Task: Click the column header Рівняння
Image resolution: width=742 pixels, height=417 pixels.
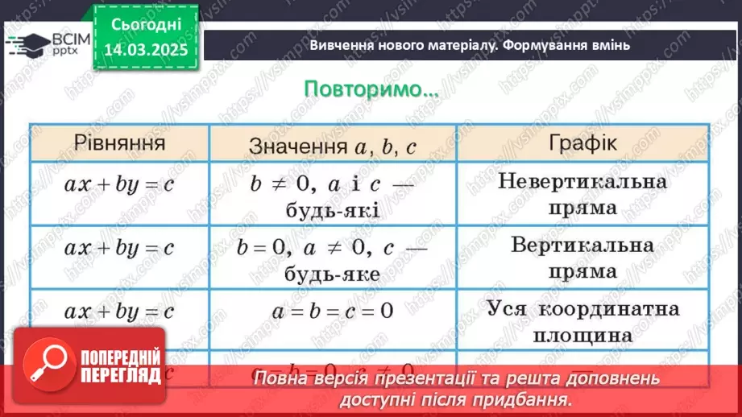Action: [120, 143]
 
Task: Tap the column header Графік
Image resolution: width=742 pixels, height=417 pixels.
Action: [583, 143]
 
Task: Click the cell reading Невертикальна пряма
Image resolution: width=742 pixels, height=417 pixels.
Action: [582, 194]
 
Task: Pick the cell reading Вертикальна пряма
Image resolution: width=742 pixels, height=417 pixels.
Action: [582, 257]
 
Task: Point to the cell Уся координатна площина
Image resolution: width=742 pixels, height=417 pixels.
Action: [582, 320]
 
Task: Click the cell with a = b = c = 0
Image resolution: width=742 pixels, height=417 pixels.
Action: [332, 310]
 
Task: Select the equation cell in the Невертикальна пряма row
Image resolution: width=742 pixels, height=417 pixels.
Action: [119, 184]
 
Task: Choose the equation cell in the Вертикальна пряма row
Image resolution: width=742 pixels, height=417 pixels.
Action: [119, 247]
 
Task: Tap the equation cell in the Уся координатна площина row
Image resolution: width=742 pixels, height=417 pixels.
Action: [119, 310]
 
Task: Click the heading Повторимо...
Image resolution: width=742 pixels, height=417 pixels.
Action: [371, 89]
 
